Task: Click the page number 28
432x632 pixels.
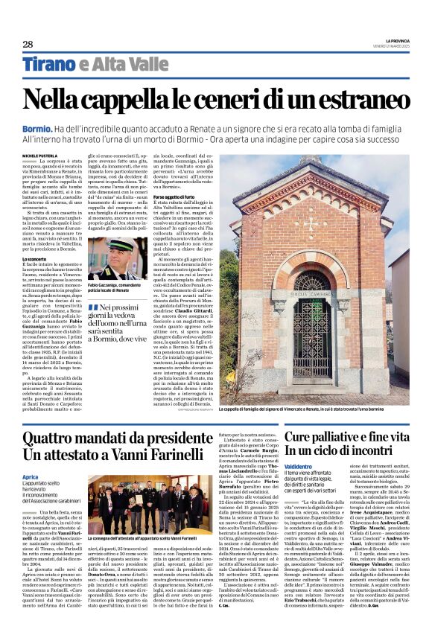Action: [x=28, y=45]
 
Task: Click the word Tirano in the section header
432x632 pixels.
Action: [x=50, y=66]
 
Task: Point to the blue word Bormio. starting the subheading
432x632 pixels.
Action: [x=39, y=130]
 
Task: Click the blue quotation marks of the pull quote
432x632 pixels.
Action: [x=93, y=307]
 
